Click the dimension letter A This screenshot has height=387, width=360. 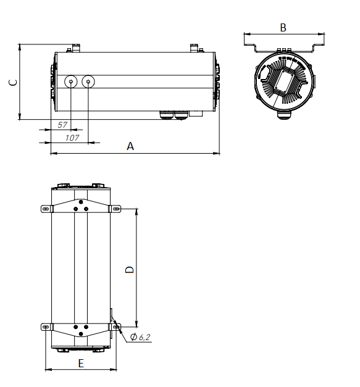pos(130,146)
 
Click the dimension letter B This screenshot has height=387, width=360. pos(283,28)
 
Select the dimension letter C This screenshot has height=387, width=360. pos(13,83)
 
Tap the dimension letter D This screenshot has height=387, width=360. pos(130,270)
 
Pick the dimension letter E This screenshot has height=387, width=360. pos(81,364)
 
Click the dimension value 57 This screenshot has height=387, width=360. pos(62,125)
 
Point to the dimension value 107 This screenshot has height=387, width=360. pos(72,138)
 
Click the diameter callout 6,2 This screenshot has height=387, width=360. pos(140,337)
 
